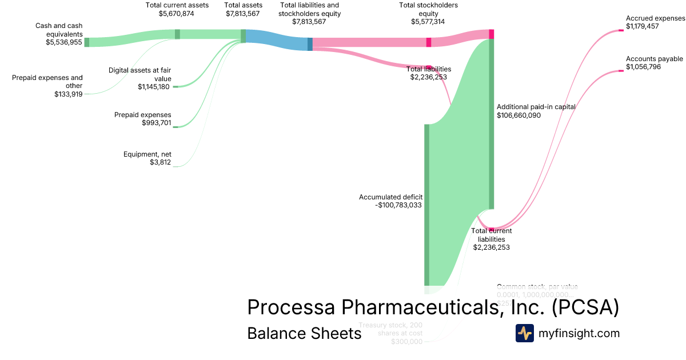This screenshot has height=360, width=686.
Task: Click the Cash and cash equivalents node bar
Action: (x=86, y=42)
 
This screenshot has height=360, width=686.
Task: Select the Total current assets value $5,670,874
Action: (x=177, y=13)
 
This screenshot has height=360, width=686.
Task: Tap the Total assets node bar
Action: (x=243, y=36)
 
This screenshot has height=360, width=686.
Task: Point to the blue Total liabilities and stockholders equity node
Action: (x=310, y=44)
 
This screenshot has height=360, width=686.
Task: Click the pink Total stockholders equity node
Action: (x=429, y=42)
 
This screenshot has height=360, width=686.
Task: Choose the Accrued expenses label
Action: (x=655, y=18)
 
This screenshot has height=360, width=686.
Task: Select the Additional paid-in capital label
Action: (x=536, y=107)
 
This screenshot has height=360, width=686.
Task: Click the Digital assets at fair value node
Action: (x=176, y=86)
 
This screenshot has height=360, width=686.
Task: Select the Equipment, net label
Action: (x=147, y=154)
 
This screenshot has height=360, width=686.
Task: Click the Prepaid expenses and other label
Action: (x=47, y=82)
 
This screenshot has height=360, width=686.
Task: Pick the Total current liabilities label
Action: (x=491, y=235)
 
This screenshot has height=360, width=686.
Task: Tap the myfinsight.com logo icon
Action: (x=524, y=333)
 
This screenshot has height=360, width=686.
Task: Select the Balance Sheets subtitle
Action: (x=304, y=333)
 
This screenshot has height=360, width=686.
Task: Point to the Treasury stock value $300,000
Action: (x=406, y=342)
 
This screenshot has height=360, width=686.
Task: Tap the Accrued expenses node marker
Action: (x=621, y=30)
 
